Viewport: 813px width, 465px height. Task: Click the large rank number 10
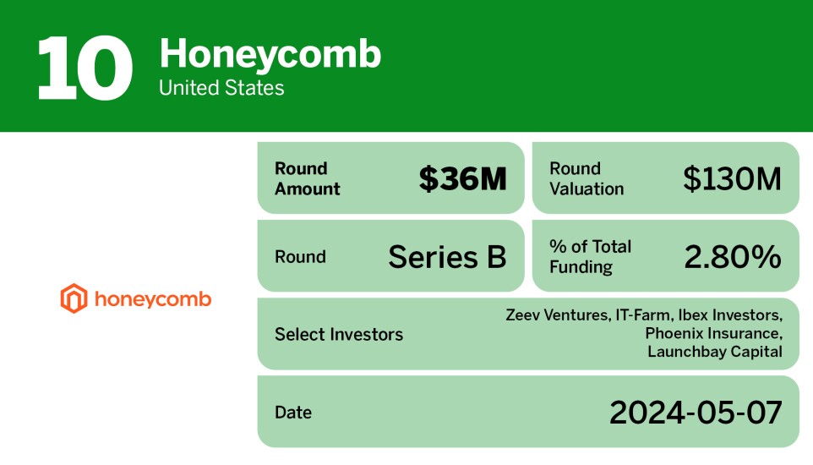(x=85, y=68)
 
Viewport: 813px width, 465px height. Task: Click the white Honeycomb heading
(x=270, y=55)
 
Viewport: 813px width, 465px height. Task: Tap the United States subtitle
(x=221, y=88)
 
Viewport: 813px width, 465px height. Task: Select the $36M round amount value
(x=462, y=178)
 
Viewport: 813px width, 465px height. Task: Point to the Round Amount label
(x=308, y=178)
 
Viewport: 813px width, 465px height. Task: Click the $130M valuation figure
(x=732, y=178)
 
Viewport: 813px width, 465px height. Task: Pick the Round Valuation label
(x=587, y=178)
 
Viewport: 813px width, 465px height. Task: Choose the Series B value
(x=447, y=256)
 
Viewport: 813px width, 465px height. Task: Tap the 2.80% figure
(x=732, y=256)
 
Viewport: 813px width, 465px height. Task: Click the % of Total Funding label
(x=590, y=256)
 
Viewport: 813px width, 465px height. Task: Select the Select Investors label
(x=339, y=334)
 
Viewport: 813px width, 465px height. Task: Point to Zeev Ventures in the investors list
(x=558, y=315)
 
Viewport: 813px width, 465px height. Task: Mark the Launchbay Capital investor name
(x=715, y=352)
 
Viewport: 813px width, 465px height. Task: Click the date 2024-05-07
(x=696, y=413)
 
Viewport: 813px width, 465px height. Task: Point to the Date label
(x=293, y=412)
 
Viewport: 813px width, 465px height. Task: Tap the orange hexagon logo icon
(x=74, y=298)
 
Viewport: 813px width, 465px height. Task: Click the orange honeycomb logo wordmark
(x=153, y=299)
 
